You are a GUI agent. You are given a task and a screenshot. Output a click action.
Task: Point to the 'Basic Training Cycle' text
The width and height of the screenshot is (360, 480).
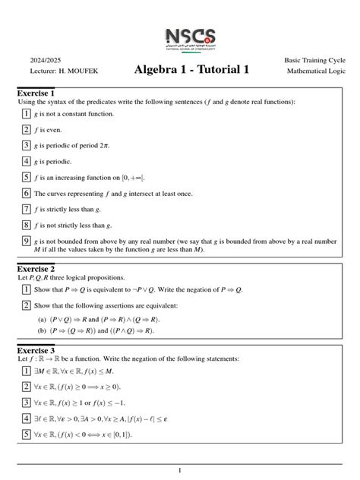[314, 60]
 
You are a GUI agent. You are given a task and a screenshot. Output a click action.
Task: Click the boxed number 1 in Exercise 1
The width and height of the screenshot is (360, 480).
[25, 114]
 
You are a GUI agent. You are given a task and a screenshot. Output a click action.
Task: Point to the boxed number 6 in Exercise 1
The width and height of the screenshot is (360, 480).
[25, 194]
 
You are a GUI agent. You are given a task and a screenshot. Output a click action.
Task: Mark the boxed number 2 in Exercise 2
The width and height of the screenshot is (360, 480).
[25, 305]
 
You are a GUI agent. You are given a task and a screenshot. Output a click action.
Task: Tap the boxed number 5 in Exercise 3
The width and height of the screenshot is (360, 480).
[25, 434]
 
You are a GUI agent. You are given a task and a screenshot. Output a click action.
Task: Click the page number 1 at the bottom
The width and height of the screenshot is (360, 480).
[180, 471]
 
